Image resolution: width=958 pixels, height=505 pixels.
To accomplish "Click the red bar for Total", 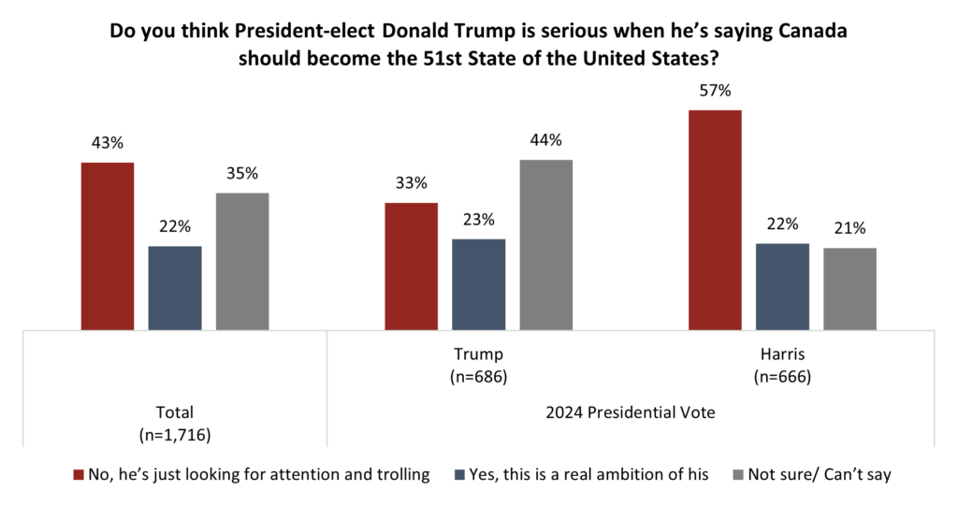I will tap(108, 246).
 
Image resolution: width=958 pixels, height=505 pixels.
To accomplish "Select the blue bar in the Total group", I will tap(175, 288).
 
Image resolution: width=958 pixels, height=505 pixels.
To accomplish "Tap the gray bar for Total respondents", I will tap(242, 261).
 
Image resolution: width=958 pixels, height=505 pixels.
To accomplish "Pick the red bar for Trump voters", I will tap(412, 267).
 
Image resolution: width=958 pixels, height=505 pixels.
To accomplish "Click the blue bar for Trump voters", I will tap(479, 284).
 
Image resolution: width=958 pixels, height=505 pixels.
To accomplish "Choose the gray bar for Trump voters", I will tap(546, 245).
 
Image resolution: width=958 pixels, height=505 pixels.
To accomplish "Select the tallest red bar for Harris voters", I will tap(715, 220).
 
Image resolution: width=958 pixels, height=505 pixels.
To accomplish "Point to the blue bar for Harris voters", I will tap(782, 286).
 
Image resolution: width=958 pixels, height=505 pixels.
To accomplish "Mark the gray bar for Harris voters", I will tap(849, 289).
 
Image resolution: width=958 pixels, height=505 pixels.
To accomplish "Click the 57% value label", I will tap(715, 92).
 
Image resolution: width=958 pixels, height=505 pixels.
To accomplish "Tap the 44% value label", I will tap(546, 141).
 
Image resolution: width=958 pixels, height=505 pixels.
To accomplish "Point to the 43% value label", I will tap(108, 144).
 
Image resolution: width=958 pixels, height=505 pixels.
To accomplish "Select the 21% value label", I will tap(849, 228).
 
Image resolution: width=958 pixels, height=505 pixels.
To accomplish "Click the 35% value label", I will tap(242, 174).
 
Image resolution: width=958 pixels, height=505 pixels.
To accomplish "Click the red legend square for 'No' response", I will tap(79, 475).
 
